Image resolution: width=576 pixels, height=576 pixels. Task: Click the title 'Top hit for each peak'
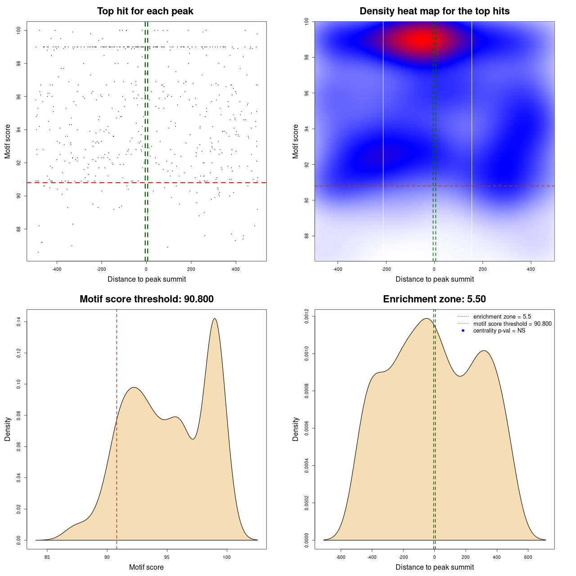tap(145, 11)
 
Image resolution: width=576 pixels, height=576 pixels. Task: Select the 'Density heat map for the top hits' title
tap(434, 11)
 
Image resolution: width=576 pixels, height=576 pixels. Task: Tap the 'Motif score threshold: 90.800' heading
tap(146, 299)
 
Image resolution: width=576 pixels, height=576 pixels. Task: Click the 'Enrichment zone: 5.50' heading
tap(434, 299)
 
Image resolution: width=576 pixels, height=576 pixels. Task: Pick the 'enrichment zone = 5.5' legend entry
tap(502, 317)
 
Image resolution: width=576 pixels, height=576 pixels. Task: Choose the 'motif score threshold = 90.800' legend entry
tap(512, 324)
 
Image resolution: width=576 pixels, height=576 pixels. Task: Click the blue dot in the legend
tap(463, 331)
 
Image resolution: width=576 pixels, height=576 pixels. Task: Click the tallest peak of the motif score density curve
tap(215, 319)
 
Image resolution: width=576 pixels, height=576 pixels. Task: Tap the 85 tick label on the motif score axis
tap(47, 557)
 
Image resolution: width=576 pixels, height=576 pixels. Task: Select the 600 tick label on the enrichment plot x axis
tap(528, 557)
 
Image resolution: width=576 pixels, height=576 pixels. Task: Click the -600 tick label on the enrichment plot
tap(341, 557)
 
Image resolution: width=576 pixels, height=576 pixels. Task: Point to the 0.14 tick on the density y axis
tap(19, 322)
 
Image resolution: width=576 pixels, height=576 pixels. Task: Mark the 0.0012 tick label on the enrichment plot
tap(307, 316)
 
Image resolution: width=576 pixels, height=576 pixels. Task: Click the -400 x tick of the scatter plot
tap(57, 269)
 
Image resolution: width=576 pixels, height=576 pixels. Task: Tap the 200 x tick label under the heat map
tap(483, 269)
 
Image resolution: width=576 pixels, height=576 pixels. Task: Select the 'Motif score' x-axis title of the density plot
tap(146, 567)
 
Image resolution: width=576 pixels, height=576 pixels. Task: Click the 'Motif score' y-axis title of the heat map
tap(296, 141)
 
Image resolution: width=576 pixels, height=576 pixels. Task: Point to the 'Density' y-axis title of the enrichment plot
tap(296, 429)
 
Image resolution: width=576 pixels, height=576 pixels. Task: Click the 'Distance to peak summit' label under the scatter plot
tap(147, 279)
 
